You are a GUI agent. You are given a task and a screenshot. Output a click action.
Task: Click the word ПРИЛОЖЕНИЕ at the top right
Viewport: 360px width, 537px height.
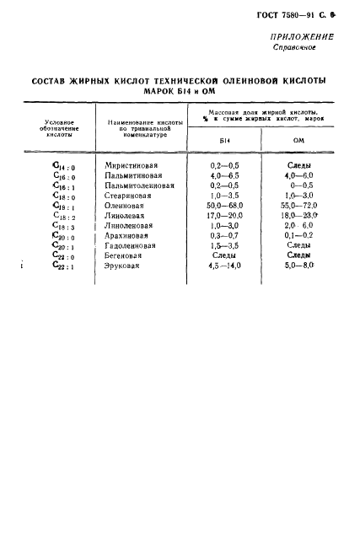tap(301, 36)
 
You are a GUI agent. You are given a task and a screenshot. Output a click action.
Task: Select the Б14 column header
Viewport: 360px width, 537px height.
tap(223, 140)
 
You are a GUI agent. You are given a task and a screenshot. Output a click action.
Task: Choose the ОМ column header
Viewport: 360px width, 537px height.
tap(298, 140)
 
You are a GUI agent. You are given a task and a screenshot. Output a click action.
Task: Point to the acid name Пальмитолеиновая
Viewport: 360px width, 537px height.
tap(139, 185)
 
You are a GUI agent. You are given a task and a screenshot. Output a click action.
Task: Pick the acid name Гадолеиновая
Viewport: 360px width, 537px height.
tap(133, 245)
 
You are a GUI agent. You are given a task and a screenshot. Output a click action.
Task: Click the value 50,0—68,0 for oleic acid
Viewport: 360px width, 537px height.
tap(225, 205)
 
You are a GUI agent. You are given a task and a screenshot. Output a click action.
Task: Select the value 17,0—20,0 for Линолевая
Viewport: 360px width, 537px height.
tap(225, 215)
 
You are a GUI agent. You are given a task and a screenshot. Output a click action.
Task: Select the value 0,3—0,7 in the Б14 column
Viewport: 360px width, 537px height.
tap(224, 235)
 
